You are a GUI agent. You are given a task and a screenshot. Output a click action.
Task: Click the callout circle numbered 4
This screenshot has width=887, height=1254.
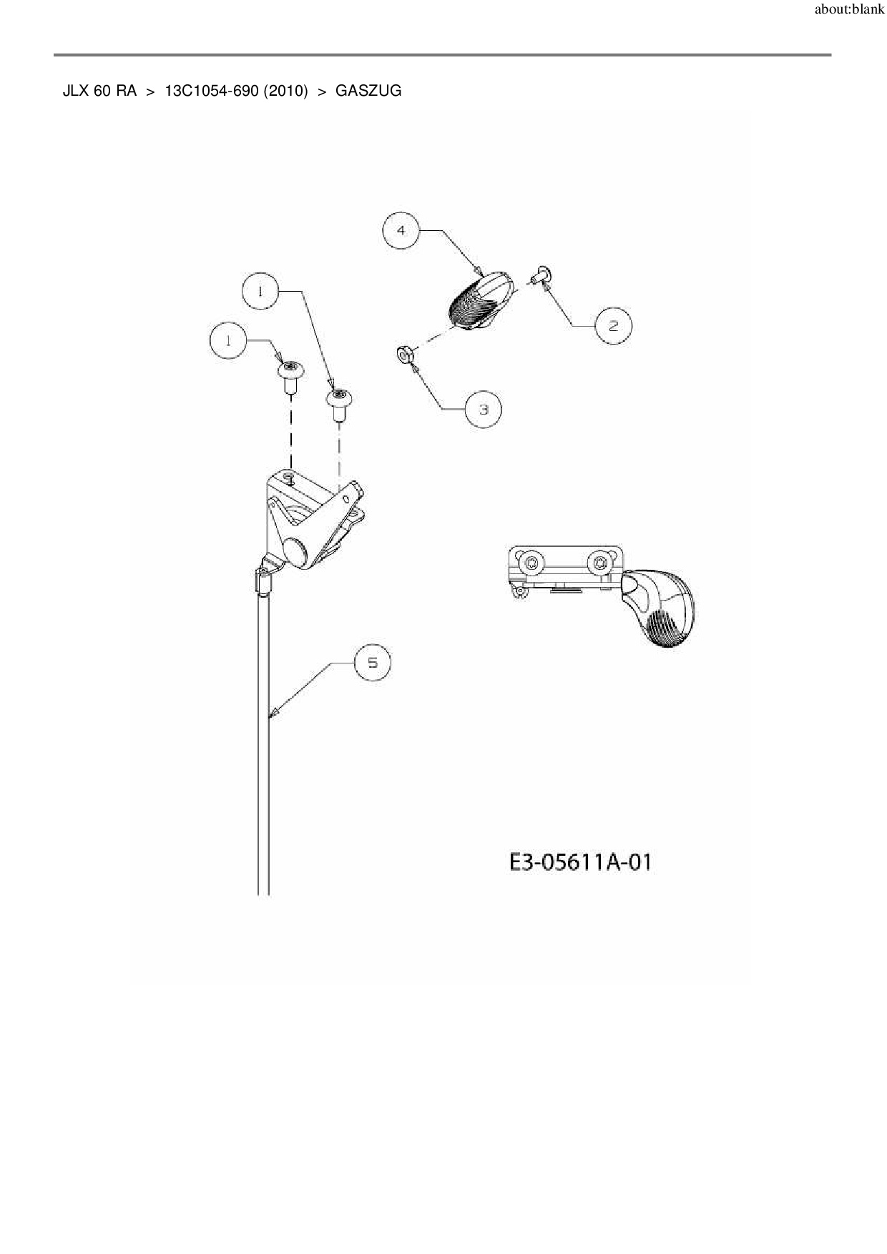[x=401, y=230]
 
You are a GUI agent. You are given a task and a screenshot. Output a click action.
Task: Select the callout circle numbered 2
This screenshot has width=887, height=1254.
[x=614, y=326]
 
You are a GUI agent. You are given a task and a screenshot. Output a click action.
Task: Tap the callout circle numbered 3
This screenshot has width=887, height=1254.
[x=483, y=410]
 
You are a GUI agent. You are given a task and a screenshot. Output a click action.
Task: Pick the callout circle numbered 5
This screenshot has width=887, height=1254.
[x=373, y=663]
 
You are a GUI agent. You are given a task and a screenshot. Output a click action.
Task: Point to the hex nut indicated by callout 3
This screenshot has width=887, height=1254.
[x=403, y=353]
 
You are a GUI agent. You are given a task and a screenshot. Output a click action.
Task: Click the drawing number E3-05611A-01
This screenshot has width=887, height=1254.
[x=580, y=862]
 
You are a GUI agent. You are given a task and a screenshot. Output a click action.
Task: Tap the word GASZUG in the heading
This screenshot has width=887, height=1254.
[x=368, y=92]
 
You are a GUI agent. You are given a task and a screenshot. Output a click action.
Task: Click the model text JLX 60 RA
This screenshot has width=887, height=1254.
[x=99, y=92]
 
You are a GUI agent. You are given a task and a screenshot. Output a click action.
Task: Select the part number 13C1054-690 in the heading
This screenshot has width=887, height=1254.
[x=211, y=92]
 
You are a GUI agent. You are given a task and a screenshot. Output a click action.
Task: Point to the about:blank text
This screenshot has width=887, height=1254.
[x=849, y=11]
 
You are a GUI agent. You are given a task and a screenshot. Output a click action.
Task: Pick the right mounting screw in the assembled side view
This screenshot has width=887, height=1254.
[x=598, y=564]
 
